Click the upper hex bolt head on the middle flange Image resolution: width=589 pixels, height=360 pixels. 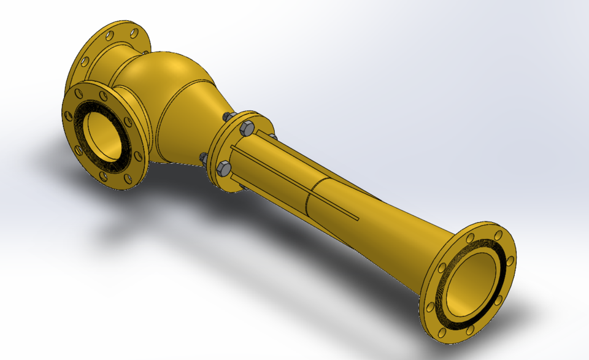coord(246,128)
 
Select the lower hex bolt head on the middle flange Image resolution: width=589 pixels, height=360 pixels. coord(224,167)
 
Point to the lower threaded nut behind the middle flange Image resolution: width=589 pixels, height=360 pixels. coord(202,158)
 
